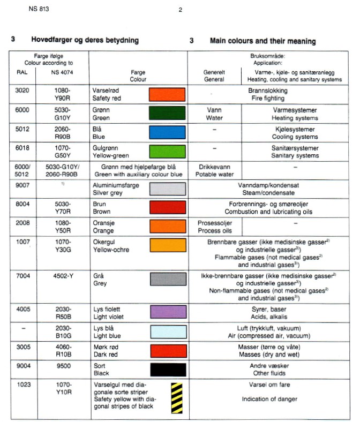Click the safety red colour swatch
[167, 95]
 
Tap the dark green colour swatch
[167, 114]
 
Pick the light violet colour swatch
[167, 313]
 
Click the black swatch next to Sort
[167, 369]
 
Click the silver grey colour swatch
[167, 189]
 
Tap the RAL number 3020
[22, 91]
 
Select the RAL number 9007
[22, 185]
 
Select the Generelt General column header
[214, 76]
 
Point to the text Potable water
[214, 174]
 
